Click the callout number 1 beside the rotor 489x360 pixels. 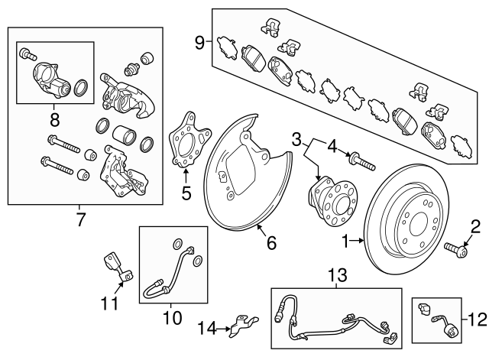click(344, 242)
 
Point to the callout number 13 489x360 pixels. click(336, 272)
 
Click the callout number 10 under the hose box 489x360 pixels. click(170, 314)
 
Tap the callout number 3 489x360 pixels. click(296, 139)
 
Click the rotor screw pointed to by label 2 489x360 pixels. click(452, 249)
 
